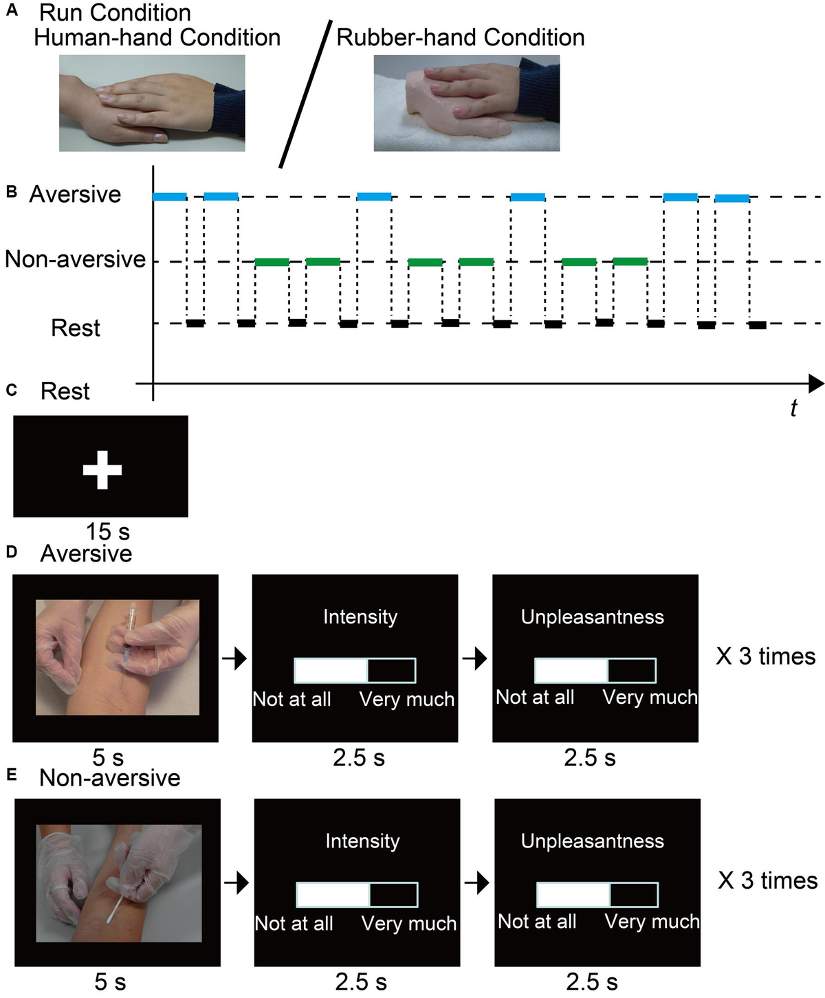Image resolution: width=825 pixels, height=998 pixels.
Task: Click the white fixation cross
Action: point(102,470)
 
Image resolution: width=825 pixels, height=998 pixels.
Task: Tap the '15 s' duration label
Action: point(107,531)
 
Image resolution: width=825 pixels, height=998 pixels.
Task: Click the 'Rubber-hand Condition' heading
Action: point(460,37)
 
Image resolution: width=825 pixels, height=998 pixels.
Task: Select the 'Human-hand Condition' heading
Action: point(157,37)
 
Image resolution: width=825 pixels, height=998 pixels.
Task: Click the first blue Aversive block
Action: point(169,197)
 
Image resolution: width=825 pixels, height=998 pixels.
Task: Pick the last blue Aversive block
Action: point(732,199)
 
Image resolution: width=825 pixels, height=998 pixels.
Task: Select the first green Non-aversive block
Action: point(272,262)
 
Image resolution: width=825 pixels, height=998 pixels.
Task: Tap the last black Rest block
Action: point(758,325)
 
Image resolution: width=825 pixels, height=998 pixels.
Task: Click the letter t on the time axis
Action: point(793,408)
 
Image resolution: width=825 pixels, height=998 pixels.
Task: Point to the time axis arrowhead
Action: point(816,384)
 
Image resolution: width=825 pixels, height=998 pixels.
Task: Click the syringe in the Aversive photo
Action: point(129,636)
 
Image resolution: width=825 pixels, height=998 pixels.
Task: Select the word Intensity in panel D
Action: point(360,617)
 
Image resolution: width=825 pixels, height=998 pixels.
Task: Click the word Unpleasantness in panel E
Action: point(593,841)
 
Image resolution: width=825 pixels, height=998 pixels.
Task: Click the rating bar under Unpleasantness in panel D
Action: point(595,670)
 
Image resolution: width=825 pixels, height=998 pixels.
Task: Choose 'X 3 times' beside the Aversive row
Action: point(766,656)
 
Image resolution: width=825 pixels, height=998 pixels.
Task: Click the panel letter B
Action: point(12,192)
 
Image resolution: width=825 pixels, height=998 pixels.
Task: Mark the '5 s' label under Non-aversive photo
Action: point(110,982)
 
